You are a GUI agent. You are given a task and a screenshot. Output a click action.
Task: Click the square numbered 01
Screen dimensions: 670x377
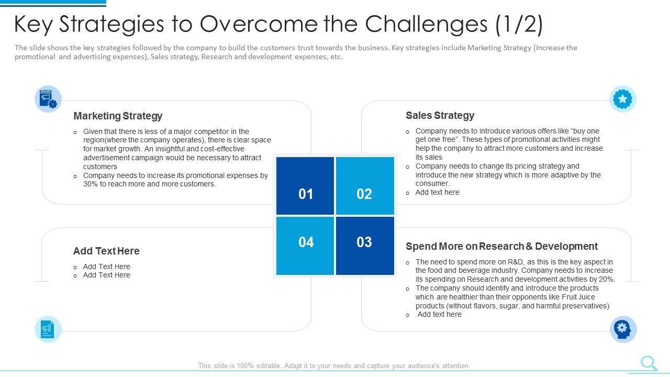305,186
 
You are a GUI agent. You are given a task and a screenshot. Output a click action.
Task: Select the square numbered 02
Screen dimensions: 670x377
365,186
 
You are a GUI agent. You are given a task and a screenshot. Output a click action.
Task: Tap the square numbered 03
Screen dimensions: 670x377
365,246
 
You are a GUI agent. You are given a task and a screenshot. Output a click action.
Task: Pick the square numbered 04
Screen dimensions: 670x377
305,246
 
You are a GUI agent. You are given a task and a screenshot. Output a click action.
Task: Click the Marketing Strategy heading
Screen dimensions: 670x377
118,116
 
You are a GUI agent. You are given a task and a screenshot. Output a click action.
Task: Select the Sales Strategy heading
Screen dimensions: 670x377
440,115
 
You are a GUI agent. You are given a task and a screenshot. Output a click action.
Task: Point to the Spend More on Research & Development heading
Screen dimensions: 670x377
501,246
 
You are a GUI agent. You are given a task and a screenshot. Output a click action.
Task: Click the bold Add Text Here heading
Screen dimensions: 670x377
106,251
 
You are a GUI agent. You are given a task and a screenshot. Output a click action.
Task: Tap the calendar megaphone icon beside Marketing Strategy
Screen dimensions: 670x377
48,99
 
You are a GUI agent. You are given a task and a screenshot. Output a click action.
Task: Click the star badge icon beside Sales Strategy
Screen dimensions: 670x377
623,99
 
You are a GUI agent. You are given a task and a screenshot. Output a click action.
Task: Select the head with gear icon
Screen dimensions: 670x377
623,329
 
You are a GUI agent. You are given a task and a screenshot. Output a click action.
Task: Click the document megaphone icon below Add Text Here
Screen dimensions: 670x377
48,329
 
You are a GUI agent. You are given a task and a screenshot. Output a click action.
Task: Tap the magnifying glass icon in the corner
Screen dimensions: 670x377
649,363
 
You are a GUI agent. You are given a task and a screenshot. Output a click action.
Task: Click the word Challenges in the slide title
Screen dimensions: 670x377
426,24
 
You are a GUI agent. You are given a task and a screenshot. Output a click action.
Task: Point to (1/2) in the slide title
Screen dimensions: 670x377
519,25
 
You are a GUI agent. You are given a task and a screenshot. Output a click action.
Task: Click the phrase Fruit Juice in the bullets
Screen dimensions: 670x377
578,297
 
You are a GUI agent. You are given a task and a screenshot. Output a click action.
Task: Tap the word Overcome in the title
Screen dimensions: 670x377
259,24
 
